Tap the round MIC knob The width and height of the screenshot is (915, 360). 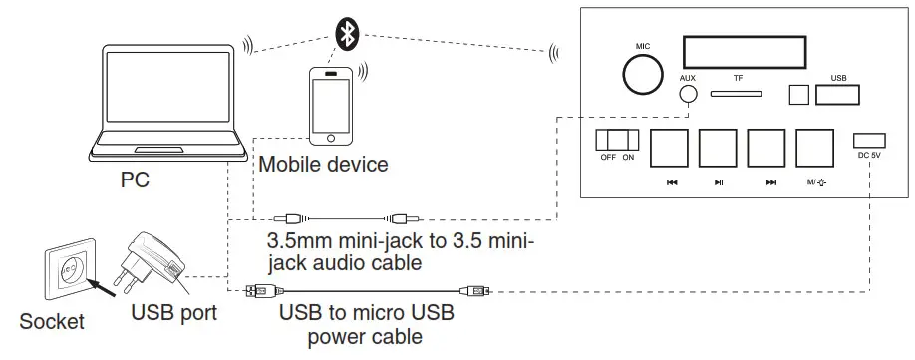coord(641,75)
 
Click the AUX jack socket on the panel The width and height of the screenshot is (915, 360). coord(687,96)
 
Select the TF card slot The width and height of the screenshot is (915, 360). coord(737,95)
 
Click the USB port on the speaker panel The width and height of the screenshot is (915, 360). coord(838,95)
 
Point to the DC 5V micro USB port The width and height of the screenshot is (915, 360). coord(868,140)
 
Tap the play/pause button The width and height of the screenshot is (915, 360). coord(718,148)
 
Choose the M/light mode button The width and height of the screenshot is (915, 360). coord(815,148)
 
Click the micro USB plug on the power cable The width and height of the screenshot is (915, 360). coord(478,291)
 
